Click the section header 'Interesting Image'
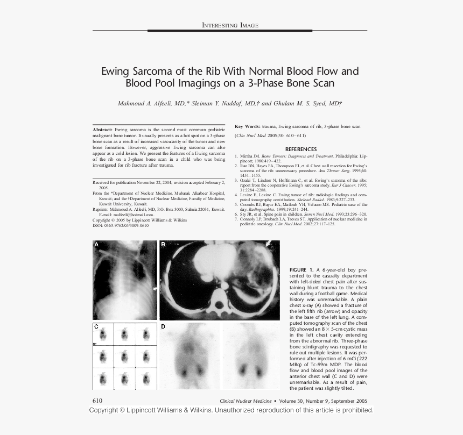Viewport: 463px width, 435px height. [x=230, y=25]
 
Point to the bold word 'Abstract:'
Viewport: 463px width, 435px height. [x=102, y=130]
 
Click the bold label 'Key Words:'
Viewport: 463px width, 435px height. [x=247, y=126]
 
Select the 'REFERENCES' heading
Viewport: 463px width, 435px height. [x=300, y=149]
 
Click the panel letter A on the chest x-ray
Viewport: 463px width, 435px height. [x=97, y=245]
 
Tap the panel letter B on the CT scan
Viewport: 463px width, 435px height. [x=163, y=245]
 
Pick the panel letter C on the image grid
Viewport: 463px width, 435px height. [x=96, y=326]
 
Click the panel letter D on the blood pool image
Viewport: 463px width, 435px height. [x=163, y=326]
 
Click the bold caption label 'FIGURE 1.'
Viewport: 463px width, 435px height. [x=301, y=269]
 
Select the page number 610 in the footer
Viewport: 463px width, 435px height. [x=97, y=401]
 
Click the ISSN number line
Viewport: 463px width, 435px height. [x=121, y=225]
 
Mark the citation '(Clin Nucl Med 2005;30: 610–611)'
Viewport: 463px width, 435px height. [x=270, y=136]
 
